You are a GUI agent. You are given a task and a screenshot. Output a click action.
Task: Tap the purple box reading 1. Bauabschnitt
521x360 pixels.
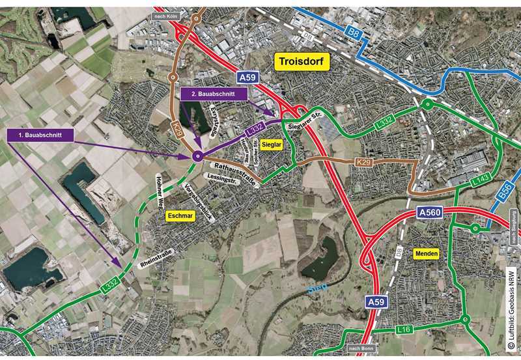[40, 135]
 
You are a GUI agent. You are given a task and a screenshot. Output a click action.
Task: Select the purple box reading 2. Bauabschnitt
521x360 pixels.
[214, 94]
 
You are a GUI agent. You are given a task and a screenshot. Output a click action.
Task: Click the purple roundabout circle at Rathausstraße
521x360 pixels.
[197, 156]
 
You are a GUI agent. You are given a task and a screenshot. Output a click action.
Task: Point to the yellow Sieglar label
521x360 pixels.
[272, 146]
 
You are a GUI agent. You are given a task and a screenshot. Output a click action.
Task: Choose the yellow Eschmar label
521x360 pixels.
[180, 214]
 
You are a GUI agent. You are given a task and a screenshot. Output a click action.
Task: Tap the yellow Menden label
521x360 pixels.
[425, 253]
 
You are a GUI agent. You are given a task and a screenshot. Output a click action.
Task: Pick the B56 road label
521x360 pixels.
[503, 189]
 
